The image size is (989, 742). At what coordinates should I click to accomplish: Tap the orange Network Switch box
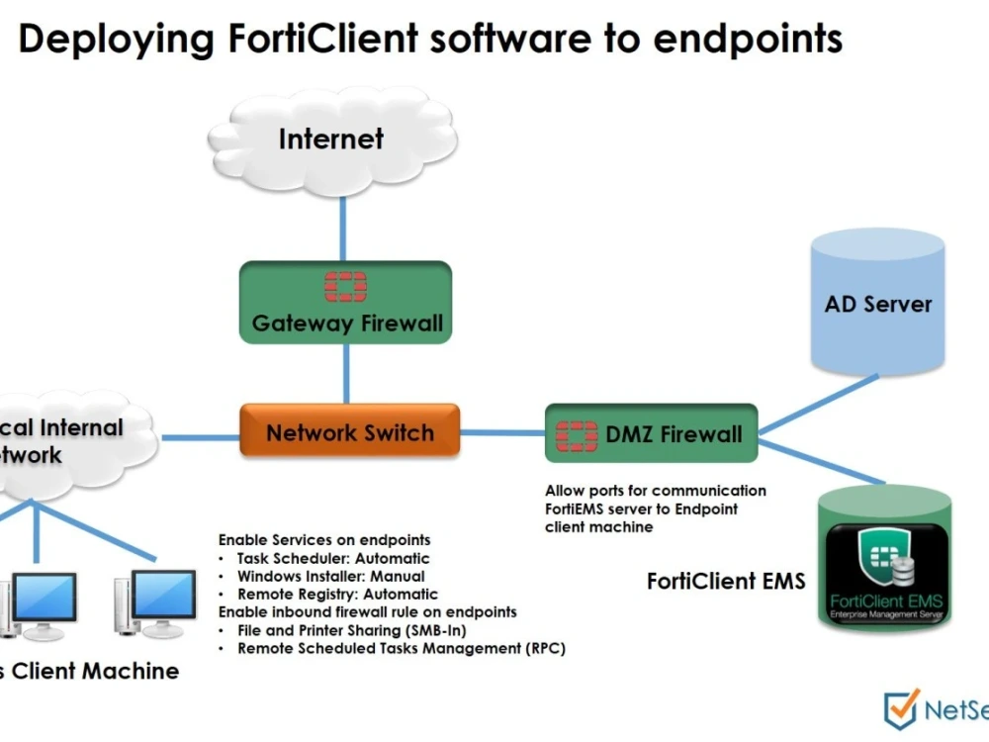[349, 432]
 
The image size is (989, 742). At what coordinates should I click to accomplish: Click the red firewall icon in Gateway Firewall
[346, 286]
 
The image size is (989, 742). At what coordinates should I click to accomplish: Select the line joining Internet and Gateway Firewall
[343, 228]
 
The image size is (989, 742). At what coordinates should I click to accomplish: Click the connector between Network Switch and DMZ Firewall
[502, 432]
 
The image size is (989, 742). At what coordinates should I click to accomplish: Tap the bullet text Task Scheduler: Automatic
[333, 558]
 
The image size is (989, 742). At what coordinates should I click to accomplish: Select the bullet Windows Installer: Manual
[330, 576]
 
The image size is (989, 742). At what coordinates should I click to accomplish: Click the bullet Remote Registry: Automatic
[336, 594]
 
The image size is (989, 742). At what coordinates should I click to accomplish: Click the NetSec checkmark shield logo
[901, 708]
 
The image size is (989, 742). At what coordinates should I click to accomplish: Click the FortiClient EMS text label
[726, 581]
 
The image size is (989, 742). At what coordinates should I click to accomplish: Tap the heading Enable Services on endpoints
[324, 540]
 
